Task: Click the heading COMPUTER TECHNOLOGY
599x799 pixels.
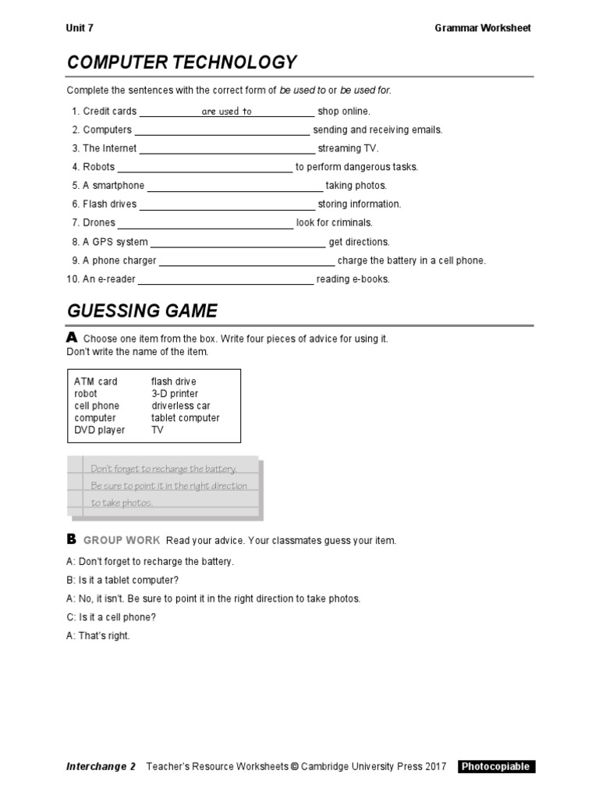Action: (182, 62)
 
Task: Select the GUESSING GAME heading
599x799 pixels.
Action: (142, 311)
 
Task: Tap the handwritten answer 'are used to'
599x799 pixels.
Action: (226, 112)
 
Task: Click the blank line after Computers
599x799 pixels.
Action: (222, 131)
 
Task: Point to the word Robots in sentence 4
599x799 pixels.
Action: (98, 167)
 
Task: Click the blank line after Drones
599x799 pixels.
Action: (205, 224)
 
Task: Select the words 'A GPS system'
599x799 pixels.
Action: (115, 242)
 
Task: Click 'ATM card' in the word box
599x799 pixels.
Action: (96, 382)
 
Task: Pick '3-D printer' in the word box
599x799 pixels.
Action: (175, 394)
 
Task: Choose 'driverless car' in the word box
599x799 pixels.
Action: (181, 406)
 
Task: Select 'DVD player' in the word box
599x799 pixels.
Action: (100, 430)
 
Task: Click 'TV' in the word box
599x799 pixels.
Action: (158, 430)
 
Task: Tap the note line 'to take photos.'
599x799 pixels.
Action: (122, 503)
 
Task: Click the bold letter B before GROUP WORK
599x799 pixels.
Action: (71, 539)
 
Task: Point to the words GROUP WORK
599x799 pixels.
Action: (122, 541)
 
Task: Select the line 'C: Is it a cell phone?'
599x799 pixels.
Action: (112, 617)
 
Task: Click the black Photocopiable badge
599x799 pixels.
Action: (496, 766)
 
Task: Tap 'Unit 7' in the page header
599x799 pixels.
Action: (80, 28)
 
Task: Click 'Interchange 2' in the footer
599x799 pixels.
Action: (101, 766)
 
